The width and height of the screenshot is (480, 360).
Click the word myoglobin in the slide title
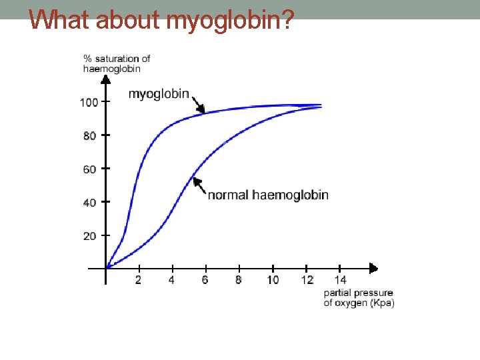click(x=229, y=21)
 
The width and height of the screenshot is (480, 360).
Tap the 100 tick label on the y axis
click(x=89, y=103)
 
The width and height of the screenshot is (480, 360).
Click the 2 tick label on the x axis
click(x=138, y=280)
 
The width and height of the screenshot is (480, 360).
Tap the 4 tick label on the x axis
click(x=171, y=280)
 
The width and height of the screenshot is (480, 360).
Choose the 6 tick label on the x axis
click(x=205, y=280)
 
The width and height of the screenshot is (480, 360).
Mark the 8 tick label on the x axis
click(x=238, y=280)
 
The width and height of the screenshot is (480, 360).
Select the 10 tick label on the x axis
click(x=273, y=280)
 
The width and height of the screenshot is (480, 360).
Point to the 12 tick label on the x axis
click(x=307, y=280)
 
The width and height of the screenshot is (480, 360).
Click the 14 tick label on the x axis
click(x=340, y=280)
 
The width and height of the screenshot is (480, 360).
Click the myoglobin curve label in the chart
click(x=159, y=94)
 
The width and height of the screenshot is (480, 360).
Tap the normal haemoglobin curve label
click(x=268, y=195)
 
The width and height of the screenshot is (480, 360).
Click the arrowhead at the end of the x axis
click(x=373, y=269)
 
